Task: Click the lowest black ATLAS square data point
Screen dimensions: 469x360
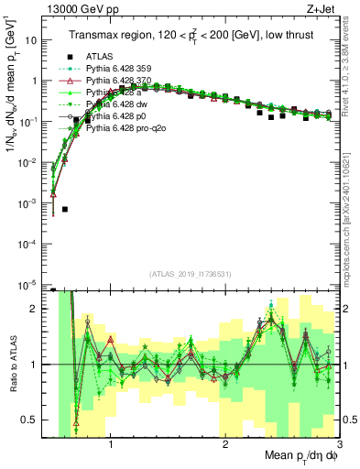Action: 65,210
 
